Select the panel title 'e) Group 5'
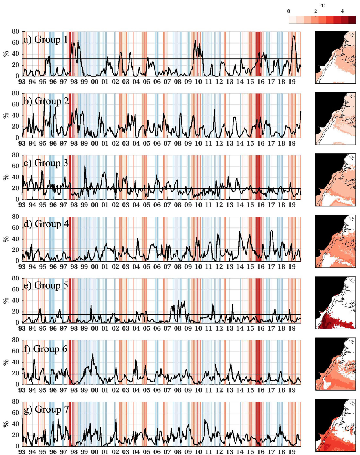[x=51, y=286]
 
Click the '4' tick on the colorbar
[x=342, y=11]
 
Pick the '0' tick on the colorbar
[x=289, y=11]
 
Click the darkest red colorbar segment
[x=352, y=20]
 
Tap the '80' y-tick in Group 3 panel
[x=16, y=155]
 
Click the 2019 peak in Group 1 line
[x=294, y=36]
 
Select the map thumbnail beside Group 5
[x=335, y=302]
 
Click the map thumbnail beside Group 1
[x=335, y=57]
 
